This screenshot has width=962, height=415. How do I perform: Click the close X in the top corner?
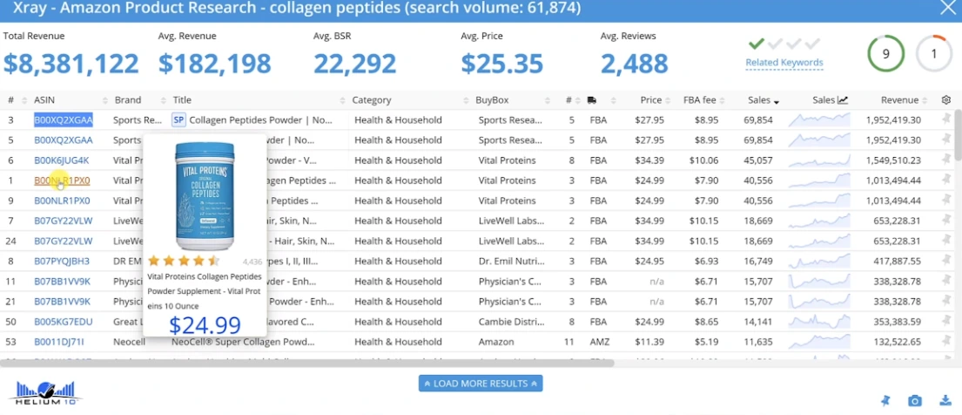pyautogui.click(x=947, y=9)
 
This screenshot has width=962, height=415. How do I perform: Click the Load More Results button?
pyautogui.click(x=481, y=384)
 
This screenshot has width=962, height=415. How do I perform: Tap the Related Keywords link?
pyautogui.click(x=784, y=63)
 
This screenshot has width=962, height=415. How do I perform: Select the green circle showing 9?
pyautogui.click(x=885, y=53)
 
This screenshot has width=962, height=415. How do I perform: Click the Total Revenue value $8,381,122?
pyautogui.click(x=71, y=64)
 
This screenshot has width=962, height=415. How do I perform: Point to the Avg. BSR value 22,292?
pyautogui.click(x=355, y=64)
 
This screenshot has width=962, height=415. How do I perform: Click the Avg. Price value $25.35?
pyautogui.click(x=501, y=64)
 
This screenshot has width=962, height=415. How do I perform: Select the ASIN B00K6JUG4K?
pyautogui.click(x=61, y=160)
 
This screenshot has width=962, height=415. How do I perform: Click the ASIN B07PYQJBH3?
pyautogui.click(x=63, y=261)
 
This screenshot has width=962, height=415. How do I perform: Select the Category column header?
pyautogui.click(x=372, y=100)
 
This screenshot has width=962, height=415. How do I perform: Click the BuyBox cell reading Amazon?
pyautogui.click(x=496, y=342)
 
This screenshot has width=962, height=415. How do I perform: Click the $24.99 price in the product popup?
pyautogui.click(x=205, y=325)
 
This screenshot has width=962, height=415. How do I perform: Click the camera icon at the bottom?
pyautogui.click(x=915, y=401)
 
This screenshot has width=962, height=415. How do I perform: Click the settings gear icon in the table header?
pyautogui.click(x=946, y=100)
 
